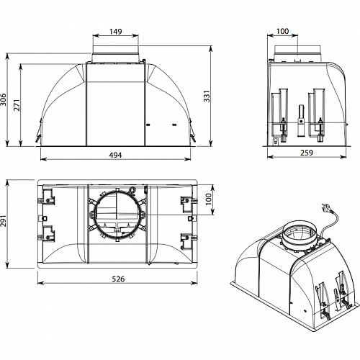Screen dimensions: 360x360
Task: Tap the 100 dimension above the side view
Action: (x=283, y=31)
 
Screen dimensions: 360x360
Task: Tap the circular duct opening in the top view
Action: (x=115, y=215)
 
